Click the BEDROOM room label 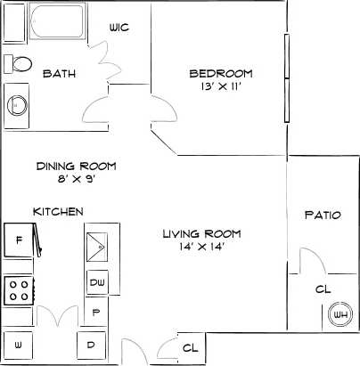(x=221, y=73)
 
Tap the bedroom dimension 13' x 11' (x=221, y=87)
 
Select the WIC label (x=119, y=28)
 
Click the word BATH (x=59, y=74)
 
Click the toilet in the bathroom (x=17, y=62)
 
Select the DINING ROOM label (x=76, y=166)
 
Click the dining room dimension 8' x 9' (x=76, y=180)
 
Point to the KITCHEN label (x=58, y=211)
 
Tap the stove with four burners (x=18, y=289)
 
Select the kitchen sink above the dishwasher (x=97, y=243)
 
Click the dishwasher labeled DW (x=97, y=283)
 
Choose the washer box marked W (x=18, y=343)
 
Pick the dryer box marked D (x=90, y=344)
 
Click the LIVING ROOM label (x=201, y=233)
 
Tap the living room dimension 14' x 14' (x=201, y=248)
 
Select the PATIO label (x=322, y=215)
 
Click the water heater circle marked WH (x=339, y=313)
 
